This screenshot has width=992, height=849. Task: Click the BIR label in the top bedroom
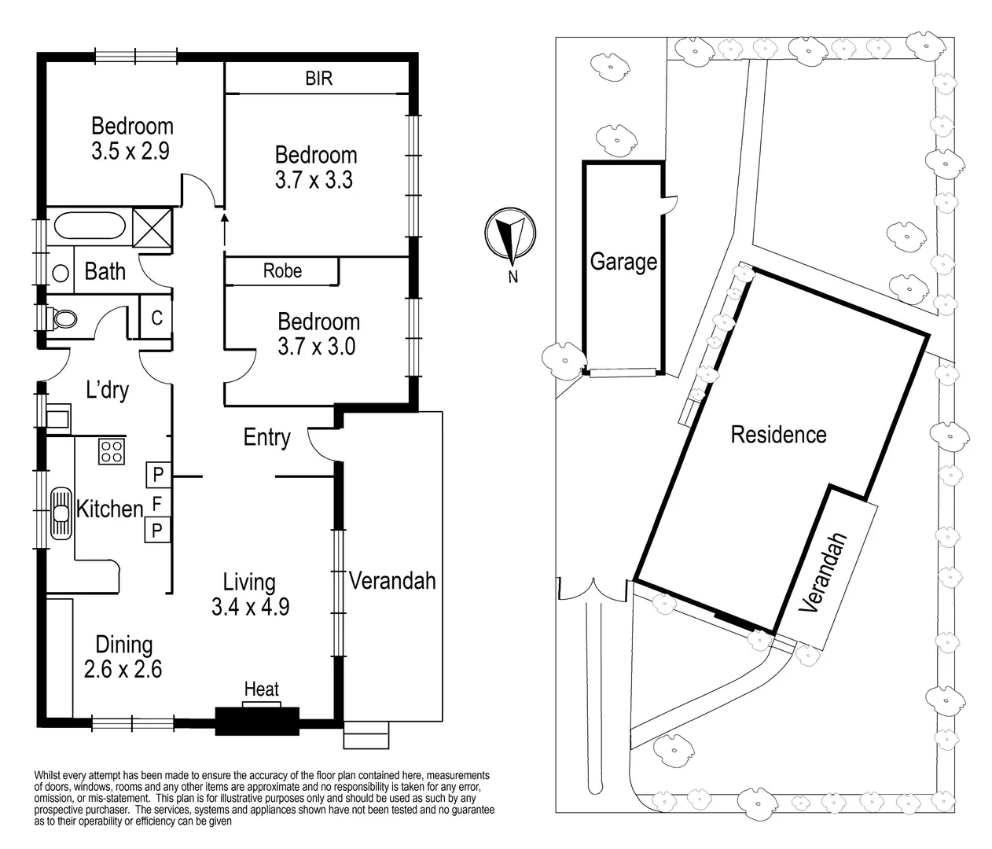point(318,79)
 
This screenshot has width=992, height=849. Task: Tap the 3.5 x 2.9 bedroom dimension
point(130,151)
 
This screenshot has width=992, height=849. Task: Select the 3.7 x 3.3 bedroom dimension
point(314,180)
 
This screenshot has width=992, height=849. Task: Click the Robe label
point(282,270)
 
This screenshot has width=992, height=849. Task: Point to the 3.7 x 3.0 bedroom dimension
point(317,346)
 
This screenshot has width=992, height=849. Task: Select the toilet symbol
point(65,318)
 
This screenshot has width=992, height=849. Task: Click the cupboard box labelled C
point(156,318)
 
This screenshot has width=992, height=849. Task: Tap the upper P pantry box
point(157,474)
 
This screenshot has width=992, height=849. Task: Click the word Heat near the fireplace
point(262,689)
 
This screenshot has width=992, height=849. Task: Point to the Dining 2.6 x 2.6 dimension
point(123,669)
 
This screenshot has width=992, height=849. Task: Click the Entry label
point(266,437)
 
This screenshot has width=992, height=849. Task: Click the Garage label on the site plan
point(623,261)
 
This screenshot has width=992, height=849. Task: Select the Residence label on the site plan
point(778,434)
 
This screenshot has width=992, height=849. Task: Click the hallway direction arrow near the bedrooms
point(225,226)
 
